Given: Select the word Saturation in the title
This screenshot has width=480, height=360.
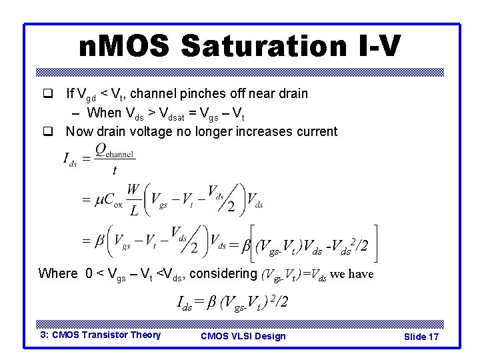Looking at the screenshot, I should pos(263,47).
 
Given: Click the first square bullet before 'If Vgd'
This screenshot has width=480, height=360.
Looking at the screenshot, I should pos(47,94).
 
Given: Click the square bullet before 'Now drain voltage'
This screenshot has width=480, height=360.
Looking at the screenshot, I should pos(47,131).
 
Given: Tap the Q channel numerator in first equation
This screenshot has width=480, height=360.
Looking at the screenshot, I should pos(115,152).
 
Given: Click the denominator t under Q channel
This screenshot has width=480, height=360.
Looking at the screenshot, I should pos(114,171).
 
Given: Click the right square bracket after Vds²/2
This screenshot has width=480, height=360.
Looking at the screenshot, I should pos(377,245).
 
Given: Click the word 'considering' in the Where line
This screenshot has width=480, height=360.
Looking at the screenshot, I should pos(223,273).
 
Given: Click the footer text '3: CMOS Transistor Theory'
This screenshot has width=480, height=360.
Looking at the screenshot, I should pos(100,335).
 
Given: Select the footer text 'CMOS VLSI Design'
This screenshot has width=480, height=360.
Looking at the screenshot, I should pos(243,335).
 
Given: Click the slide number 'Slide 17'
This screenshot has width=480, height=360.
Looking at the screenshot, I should pos(421,337).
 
